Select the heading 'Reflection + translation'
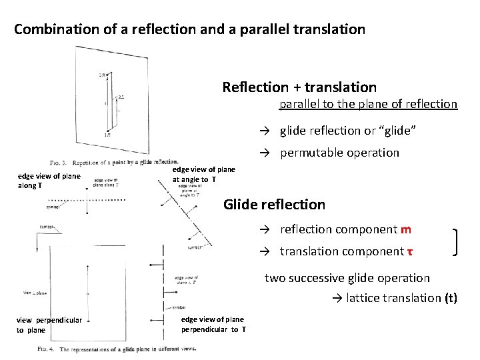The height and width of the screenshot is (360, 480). tap(299, 87)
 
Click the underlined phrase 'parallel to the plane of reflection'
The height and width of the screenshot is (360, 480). tap(368, 104)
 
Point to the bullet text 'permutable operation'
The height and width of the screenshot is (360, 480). tap(339, 153)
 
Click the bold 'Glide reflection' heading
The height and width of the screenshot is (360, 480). tap(274, 205)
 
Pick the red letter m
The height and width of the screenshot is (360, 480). tap(406, 229)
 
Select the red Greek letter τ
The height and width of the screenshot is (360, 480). tap(409, 251)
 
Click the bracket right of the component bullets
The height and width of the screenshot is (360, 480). tap(457, 241)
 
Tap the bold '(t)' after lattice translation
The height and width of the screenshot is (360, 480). tap(450, 298)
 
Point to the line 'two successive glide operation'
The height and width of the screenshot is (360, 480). tap(347, 278)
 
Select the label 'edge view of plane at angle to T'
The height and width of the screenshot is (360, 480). tap(203, 175)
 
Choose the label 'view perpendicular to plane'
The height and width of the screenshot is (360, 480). tap(49, 325)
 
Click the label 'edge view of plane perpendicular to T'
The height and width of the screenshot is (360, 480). tap(213, 325)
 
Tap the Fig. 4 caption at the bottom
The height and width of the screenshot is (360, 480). tap(116, 348)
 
